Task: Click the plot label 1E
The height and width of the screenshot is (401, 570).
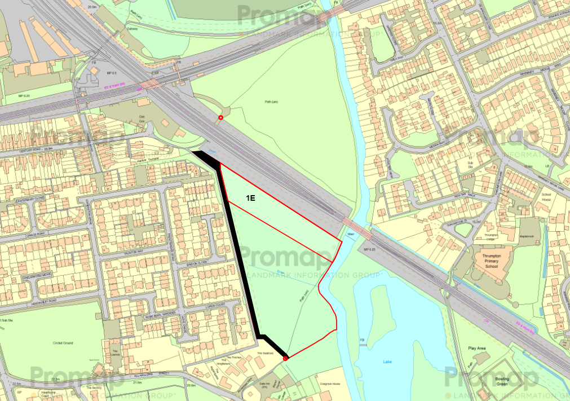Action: (251, 197)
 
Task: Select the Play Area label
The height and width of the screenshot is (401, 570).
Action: (476, 348)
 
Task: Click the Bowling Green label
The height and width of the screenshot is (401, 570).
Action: (501, 382)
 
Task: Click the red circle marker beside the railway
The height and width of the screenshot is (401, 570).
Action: (220, 118)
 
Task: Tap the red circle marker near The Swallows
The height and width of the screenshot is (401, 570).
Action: (285, 358)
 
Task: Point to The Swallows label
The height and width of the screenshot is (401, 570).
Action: (265, 353)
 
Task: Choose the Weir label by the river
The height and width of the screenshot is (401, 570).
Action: (350, 232)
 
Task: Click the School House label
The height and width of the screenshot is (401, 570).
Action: (546, 196)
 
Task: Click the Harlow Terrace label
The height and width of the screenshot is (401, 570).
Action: (145, 160)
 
